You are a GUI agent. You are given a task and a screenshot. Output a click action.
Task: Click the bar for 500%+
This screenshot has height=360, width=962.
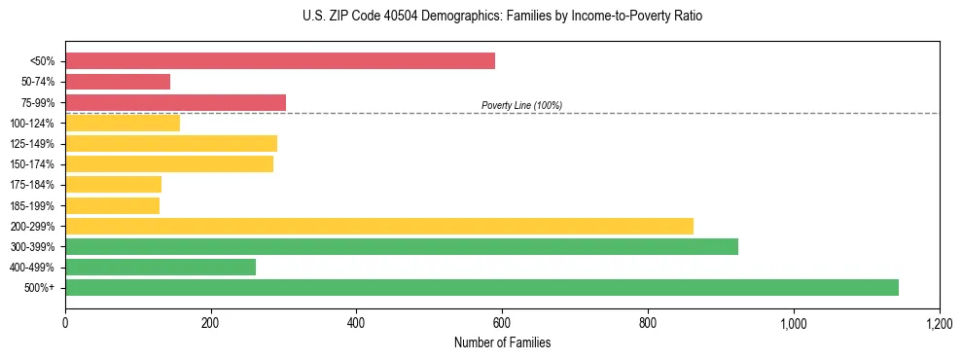click(481, 288)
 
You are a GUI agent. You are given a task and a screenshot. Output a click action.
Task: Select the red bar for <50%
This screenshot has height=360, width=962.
click(280, 61)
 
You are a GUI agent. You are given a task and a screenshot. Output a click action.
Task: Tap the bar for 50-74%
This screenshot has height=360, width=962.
click(118, 82)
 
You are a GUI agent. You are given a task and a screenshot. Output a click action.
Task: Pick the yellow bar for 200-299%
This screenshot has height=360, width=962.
click(379, 226)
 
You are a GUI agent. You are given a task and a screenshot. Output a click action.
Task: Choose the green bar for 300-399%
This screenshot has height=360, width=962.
click(402, 247)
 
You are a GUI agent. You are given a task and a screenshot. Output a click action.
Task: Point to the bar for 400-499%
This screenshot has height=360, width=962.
click(160, 268)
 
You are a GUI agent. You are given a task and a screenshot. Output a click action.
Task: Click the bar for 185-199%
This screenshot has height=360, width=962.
click(112, 205)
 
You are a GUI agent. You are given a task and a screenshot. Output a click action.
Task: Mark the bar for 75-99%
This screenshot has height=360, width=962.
click(175, 102)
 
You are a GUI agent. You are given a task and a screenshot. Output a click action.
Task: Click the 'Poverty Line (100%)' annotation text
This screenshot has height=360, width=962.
click(521, 105)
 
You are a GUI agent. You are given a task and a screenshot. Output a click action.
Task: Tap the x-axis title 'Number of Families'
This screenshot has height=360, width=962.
click(502, 342)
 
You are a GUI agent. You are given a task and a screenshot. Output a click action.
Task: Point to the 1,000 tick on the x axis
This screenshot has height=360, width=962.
click(794, 323)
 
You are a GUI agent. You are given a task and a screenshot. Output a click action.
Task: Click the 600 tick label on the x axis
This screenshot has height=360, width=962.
click(502, 323)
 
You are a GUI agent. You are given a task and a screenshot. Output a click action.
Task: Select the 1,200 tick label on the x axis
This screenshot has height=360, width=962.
click(940, 323)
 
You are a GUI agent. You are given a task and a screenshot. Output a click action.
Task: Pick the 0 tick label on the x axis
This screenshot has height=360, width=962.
click(65, 323)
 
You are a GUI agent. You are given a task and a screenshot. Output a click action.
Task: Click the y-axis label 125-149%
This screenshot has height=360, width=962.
click(31, 144)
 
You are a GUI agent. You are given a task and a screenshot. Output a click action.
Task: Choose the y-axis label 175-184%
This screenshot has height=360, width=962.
click(31, 185)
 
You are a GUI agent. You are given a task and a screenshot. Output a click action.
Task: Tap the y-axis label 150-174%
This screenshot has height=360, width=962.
click(31, 164)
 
